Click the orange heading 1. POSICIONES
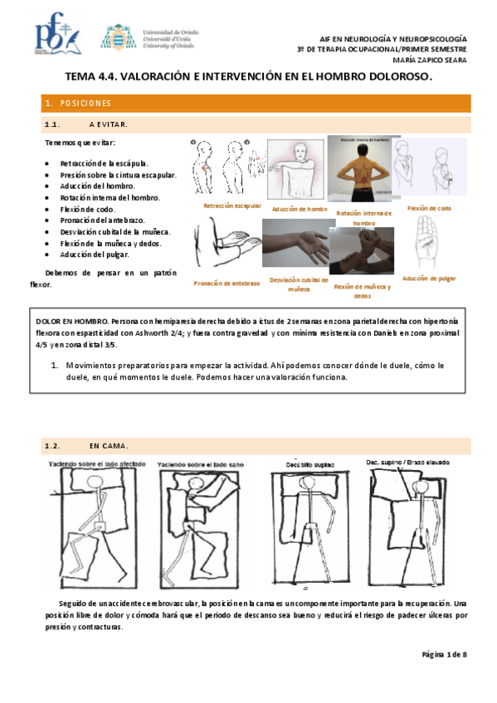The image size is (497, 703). [80, 104]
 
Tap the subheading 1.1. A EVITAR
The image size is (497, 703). [85, 124]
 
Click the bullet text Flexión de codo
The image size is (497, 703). [87, 210]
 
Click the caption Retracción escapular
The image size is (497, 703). [233, 205]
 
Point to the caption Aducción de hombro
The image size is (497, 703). [300, 209]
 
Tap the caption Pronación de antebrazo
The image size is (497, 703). [227, 283]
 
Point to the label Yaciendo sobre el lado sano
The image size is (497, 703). [197, 464]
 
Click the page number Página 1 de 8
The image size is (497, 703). [445, 655]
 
